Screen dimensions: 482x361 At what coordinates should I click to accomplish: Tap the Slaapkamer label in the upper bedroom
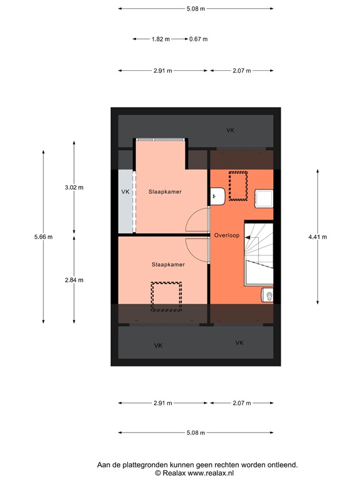[165, 191]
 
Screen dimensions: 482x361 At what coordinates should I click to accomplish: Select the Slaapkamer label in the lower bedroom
[168, 265]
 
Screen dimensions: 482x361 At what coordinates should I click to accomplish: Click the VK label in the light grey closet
[125, 191]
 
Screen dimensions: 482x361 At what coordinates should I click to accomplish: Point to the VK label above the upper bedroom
[230, 130]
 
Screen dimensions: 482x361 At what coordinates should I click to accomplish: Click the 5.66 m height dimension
[43, 237]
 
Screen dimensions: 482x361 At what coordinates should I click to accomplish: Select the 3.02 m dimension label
[75, 187]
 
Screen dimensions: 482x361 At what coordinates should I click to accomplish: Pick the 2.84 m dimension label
[75, 280]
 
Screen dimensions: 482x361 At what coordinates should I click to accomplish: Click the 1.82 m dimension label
[160, 39]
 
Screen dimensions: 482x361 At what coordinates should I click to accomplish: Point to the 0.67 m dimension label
[198, 39]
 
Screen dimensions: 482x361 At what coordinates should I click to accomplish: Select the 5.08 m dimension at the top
[196, 9]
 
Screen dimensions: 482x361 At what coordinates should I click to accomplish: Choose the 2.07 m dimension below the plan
[241, 403]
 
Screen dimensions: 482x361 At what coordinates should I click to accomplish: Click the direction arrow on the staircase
[249, 238]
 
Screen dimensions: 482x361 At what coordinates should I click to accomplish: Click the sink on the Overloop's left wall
[217, 196]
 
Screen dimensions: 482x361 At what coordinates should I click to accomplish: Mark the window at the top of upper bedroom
[160, 139]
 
